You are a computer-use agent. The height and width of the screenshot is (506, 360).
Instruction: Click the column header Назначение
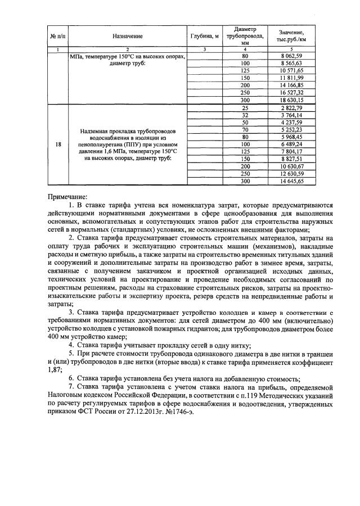[127, 36]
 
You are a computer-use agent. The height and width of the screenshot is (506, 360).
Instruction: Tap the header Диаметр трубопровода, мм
[244, 35]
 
